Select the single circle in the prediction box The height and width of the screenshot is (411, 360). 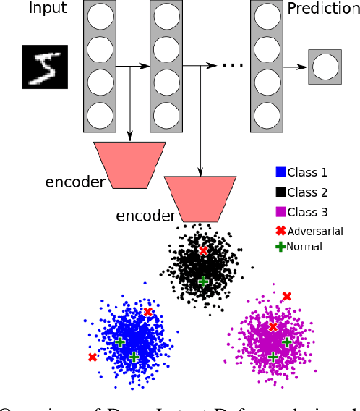[324, 68]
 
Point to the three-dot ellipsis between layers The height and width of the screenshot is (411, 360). [231, 65]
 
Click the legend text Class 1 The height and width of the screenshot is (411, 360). [307, 172]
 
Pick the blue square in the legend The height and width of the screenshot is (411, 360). [281, 172]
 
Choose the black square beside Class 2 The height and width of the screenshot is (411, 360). [281, 192]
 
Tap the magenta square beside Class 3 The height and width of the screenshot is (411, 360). [281, 212]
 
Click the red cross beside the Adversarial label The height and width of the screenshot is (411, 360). [281, 231]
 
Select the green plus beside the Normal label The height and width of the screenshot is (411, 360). [281, 247]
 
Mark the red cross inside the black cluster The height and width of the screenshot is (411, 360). [203, 250]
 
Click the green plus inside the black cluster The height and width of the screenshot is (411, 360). [203, 281]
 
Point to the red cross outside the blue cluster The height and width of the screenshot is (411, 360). [93, 357]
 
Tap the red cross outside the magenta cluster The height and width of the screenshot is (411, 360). [287, 296]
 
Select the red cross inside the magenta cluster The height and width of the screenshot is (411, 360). [273, 327]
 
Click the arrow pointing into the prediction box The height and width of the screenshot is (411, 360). [298, 67]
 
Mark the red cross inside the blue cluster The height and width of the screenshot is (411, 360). [147, 312]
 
